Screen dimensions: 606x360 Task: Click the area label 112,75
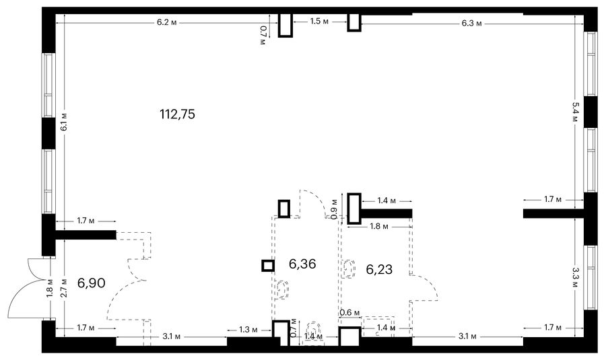pyautogui.click(x=177, y=114)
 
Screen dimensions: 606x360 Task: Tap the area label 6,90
pyautogui.click(x=91, y=283)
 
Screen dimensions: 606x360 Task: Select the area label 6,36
pyautogui.click(x=302, y=264)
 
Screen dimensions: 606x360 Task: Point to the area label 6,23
pyautogui.click(x=379, y=269)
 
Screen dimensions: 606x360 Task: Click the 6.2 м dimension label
pyautogui.click(x=166, y=22)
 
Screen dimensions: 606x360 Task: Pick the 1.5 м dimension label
pyautogui.click(x=319, y=22)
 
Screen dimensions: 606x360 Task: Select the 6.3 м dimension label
pyautogui.click(x=471, y=23)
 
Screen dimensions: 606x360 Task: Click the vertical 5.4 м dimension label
pyautogui.click(x=575, y=112)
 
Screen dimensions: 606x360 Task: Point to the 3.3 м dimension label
pyautogui.click(x=575, y=278)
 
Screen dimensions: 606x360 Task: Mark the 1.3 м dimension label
pyautogui.click(x=248, y=330)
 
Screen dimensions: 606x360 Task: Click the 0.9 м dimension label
pyautogui.click(x=335, y=209)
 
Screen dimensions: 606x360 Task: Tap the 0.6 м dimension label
pyautogui.click(x=349, y=312)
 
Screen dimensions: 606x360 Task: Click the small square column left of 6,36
pyautogui.click(x=268, y=266)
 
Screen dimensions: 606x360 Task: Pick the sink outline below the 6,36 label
pyautogui.click(x=283, y=289)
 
